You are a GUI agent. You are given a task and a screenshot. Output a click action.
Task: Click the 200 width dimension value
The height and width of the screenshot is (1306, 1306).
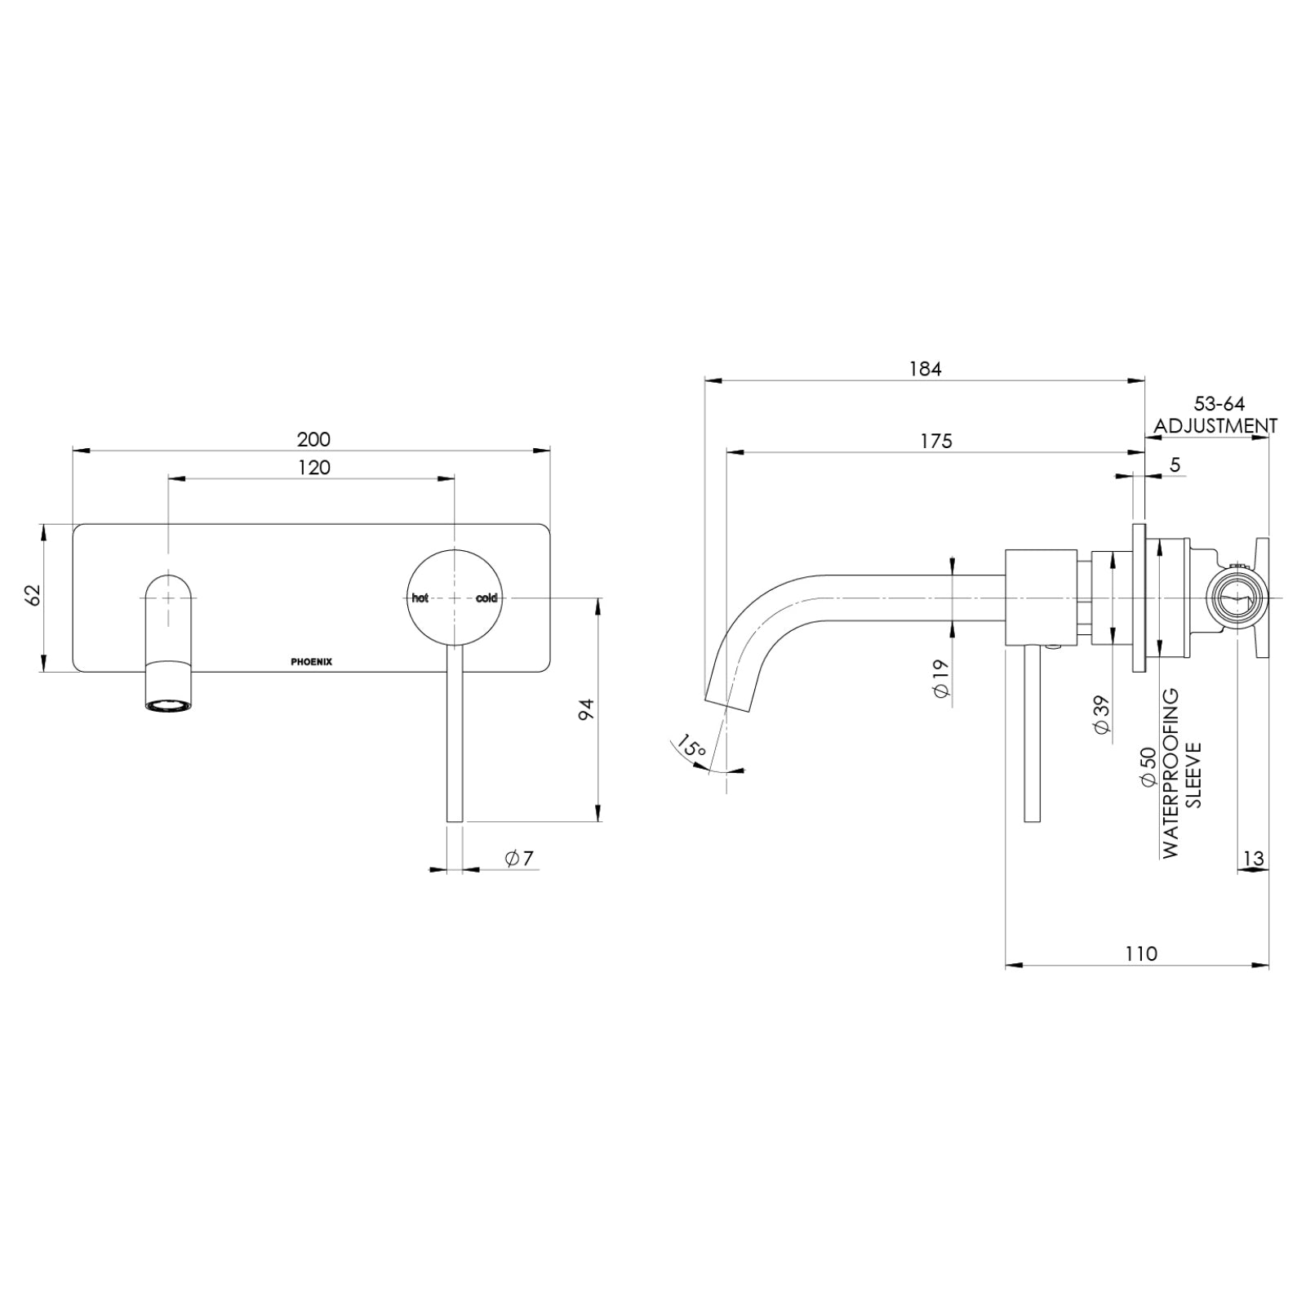(x=313, y=439)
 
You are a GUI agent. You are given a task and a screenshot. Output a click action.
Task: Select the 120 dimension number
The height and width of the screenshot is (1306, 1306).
(x=313, y=467)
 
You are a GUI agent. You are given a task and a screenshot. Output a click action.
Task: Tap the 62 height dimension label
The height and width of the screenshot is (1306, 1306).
(x=33, y=595)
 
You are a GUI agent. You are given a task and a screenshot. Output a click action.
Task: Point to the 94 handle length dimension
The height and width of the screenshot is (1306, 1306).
(x=586, y=709)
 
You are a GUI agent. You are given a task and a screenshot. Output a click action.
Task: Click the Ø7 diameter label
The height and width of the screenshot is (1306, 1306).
(x=518, y=858)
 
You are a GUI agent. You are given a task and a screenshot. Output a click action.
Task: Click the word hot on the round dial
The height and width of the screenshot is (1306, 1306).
(x=420, y=598)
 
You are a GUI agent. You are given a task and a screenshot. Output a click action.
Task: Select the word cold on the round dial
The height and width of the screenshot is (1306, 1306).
(x=486, y=598)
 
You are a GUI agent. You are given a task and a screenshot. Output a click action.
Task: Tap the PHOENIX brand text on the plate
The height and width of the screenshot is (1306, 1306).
(x=312, y=662)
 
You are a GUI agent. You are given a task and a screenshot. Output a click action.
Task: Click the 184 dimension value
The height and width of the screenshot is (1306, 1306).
(x=925, y=369)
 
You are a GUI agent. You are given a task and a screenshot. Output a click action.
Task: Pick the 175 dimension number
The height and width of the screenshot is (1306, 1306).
(x=936, y=441)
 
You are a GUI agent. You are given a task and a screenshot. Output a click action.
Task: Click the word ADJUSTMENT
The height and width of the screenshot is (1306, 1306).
(x=1215, y=425)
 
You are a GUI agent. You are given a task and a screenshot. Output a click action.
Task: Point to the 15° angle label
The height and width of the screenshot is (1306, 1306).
(x=691, y=748)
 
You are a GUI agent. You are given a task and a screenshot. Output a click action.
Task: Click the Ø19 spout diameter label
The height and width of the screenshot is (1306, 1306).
(x=940, y=678)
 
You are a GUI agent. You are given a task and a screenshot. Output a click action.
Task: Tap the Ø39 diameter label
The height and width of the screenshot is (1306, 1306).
(x=1101, y=717)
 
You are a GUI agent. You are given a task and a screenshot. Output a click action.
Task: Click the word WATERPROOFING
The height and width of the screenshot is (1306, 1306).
(x=1171, y=772)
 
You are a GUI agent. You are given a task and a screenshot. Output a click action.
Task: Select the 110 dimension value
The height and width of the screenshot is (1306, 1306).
(x=1140, y=953)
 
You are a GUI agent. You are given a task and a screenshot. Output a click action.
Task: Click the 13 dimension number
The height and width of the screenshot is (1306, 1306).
(x=1254, y=858)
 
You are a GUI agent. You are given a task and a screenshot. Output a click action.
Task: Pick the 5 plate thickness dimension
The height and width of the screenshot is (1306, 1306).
(x=1175, y=464)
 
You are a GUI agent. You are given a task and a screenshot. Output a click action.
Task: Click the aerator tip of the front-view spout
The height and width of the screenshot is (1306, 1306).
(x=170, y=703)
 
